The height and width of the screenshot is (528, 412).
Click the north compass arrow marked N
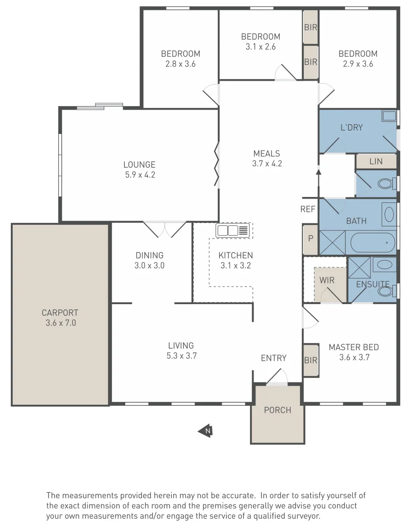[x=205, y=431]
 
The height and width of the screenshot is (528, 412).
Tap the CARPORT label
[x=60, y=313]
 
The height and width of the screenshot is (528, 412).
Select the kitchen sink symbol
[x=234, y=230]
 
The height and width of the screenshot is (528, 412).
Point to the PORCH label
[x=277, y=410]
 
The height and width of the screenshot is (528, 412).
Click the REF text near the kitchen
[x=308, y=209]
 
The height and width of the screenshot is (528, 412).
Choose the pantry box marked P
[x=310, y=239]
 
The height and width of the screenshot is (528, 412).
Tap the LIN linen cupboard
[x=376, y=161]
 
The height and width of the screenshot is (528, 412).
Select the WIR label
[x=327, y=281]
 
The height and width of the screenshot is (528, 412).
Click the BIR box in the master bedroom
[x=311, y=360]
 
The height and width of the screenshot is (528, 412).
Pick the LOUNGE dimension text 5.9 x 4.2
[x=139, y=175]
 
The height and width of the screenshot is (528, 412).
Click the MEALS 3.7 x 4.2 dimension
[x=267, y=164]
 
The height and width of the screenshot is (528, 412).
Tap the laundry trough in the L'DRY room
[x=389, y=116]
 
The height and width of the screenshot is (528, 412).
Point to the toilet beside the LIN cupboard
[x=386, y=184]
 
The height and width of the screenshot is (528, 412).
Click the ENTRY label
[x=274, y=358]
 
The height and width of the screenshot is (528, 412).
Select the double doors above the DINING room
[x=165, y=229]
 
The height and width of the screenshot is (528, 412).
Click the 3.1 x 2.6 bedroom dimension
[x=261, y=47]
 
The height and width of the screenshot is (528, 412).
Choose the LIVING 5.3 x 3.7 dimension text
[x=181, y=356]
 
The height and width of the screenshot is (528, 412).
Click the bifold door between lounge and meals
[x=217, y=164]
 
